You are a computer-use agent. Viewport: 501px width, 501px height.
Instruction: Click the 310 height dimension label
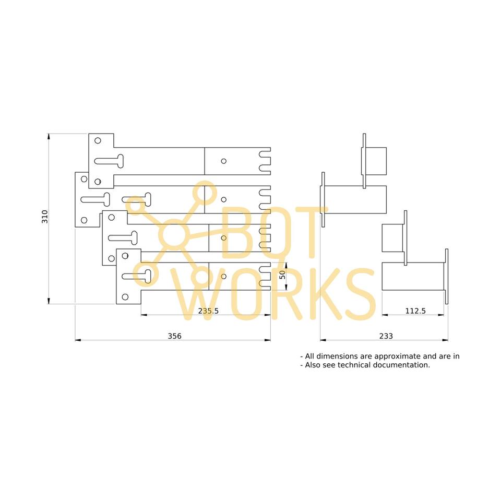point(45,217)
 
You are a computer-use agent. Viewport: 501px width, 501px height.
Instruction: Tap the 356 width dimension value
point(174,336)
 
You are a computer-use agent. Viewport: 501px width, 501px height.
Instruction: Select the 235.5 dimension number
point(208,311)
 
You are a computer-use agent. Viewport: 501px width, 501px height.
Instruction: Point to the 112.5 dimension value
point(415,311)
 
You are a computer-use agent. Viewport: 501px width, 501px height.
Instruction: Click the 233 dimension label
point(386,336)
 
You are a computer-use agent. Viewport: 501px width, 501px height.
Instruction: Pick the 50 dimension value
point(282,275)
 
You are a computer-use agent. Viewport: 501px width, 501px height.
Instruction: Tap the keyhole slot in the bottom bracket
point(138,276)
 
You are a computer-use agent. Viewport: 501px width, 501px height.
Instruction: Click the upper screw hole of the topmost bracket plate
point(97,140)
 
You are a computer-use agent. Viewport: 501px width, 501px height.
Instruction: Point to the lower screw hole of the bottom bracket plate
point(125,297)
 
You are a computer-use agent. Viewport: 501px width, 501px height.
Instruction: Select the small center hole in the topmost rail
point(224,161)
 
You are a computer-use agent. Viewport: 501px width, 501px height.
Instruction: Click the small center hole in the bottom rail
point(224,276)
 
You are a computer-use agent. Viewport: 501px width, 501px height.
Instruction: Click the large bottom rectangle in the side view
point(413,276)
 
